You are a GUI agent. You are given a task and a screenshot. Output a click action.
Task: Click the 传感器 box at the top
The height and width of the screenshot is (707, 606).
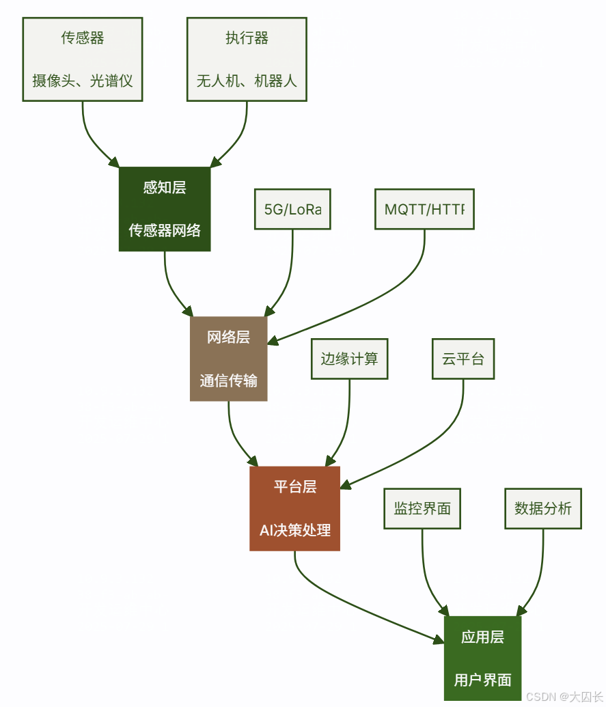click(x=83, y=59)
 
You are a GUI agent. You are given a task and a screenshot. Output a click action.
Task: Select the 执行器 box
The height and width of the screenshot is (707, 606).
click(x=247, y=59)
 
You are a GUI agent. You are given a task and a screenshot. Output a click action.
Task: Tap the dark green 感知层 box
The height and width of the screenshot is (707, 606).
click(x=165, y=208)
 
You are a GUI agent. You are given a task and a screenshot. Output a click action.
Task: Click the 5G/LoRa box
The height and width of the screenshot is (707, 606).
click(x=292, y=209)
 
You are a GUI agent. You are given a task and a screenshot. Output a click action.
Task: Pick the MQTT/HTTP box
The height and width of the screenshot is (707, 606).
click(x=424, y=209)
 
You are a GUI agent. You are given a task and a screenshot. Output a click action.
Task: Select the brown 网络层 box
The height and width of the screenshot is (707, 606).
click(x=228, y=358)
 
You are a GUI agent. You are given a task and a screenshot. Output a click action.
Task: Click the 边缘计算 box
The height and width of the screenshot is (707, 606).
click(x=349, y=359)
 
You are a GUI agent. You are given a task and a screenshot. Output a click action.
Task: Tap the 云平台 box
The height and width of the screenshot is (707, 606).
click(x=463, y=359)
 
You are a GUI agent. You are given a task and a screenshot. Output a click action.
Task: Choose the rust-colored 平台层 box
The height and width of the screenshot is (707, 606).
click(x=294, y=508)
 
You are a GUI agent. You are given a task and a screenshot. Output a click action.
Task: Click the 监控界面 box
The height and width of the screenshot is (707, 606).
click(x=422, y=508)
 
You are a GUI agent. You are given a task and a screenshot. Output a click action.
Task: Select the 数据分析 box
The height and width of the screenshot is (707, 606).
click(x=543, y=508)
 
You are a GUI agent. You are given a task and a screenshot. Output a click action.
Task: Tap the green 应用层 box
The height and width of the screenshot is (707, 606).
click(x=482, y=658)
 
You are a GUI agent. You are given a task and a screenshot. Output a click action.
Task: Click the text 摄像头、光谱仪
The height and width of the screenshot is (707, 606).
click(x=83, y=81)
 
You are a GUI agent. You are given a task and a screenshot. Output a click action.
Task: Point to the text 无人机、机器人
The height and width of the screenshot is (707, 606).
click(x=247, y=81)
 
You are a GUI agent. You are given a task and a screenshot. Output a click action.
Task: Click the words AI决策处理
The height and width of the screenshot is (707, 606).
click(x=294, y=530)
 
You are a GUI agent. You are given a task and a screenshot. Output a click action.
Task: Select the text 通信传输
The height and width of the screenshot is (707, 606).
click(x=228, y=380)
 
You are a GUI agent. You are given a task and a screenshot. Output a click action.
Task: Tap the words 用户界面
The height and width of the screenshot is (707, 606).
click(x=482, y=680)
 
